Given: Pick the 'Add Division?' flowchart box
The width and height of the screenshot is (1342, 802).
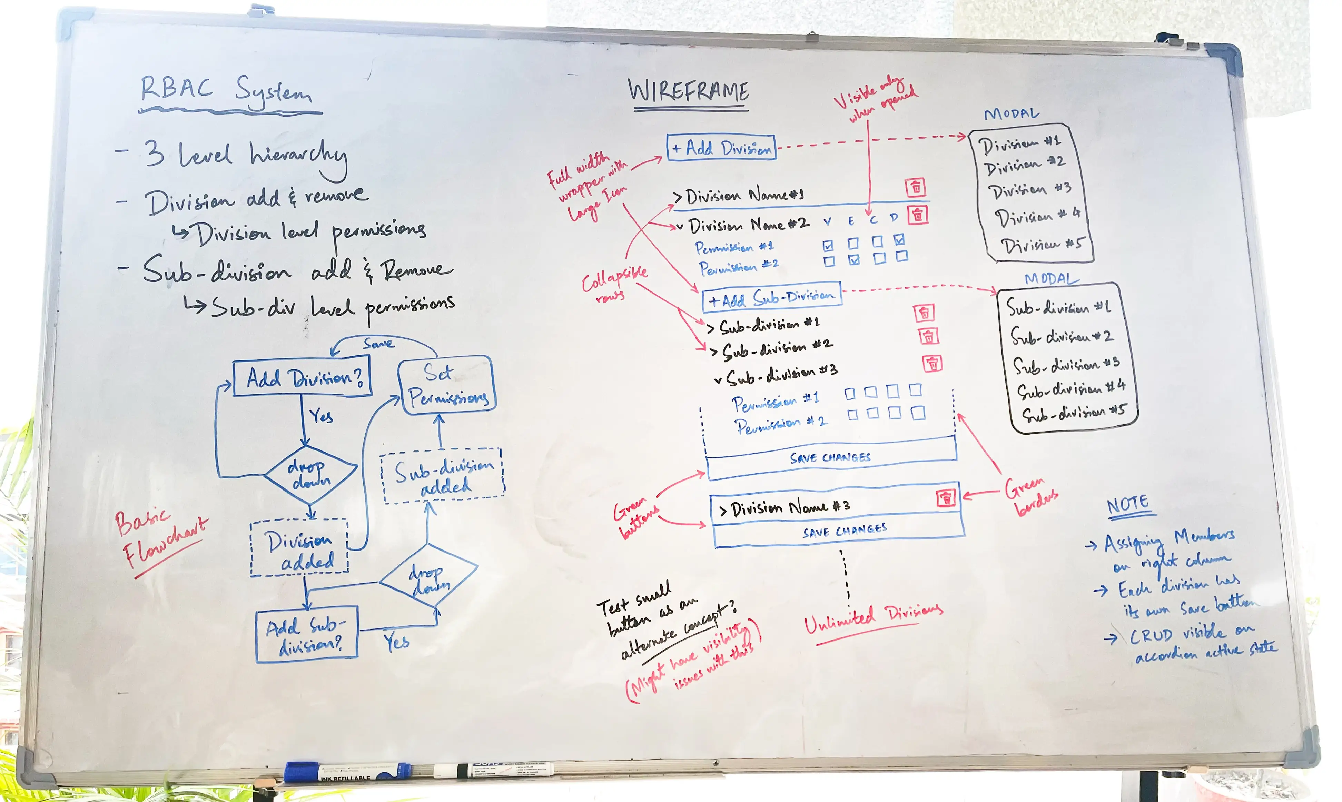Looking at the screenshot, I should [302, 378].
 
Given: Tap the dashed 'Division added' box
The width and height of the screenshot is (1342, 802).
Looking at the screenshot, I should [299, 548].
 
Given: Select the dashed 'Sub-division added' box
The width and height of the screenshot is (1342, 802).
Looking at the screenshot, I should [442, 476].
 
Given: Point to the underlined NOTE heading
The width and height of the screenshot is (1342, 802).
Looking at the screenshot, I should [1128, 506].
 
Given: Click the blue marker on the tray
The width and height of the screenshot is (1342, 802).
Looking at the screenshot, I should [346, 772].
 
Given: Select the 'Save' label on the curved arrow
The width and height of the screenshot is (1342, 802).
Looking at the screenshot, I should [378, 343].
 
